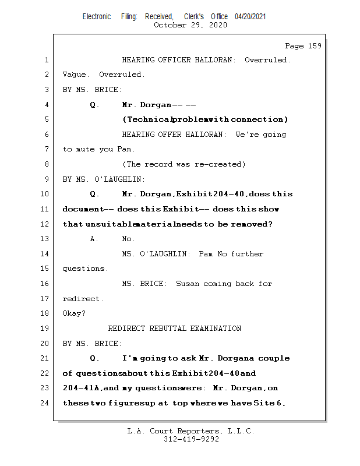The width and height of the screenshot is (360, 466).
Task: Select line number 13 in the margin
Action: pos(46,239)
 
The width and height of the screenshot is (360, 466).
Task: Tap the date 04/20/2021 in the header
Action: pos(250,17)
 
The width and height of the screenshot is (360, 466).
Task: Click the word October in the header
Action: pos(170,25)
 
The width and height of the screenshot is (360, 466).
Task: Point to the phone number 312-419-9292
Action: pos(191,439)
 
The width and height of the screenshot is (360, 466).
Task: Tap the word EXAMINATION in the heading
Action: pos(216,329)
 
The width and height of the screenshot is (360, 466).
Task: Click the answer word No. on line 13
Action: pos(128,239)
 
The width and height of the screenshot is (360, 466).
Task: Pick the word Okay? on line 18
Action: pos(74,313)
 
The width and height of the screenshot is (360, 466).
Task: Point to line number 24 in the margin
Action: pos(46,403)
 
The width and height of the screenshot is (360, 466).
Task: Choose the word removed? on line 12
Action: pos(252,224)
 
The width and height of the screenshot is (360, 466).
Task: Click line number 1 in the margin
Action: pos(46,60)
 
